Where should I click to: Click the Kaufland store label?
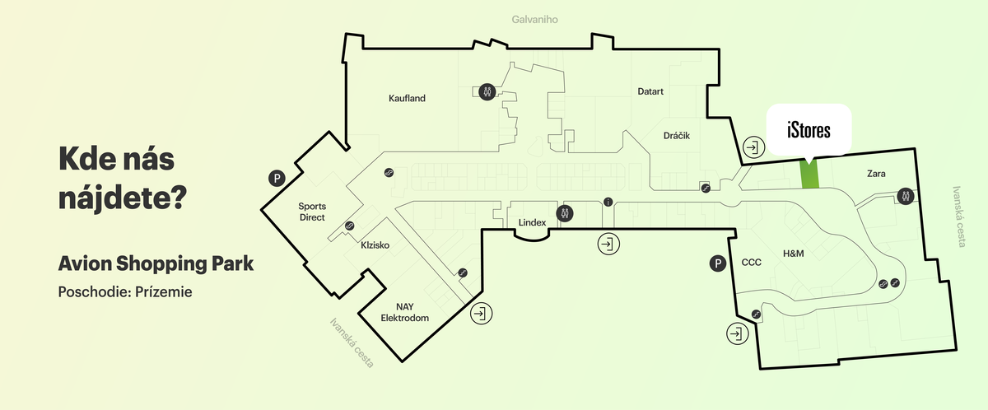tap(407, 99)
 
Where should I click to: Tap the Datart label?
tap(650, 91)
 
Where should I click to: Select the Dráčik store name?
tap(676, 134)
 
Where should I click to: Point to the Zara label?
tap(876, 174)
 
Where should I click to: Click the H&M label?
tap(792, 254)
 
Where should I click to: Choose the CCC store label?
tap(752, 263)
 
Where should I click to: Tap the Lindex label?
tap(533, 223)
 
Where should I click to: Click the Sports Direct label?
tap(312, 212)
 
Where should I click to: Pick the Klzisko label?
tap(375, 245)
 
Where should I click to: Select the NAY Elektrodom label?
tap(405, 312)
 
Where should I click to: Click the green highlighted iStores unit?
tap(811, 175)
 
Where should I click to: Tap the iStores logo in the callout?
tap(808, 130)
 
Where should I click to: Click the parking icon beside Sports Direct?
tap(279, 178)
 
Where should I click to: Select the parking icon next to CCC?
tap(718, 263)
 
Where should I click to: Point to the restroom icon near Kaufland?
tap(488, 91)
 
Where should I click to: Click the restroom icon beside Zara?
tap(906, 196)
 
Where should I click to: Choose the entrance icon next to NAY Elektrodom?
tap(481, 313)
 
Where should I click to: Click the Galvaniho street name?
tap(534, 19)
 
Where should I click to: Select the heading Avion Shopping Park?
tap(156, 264)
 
